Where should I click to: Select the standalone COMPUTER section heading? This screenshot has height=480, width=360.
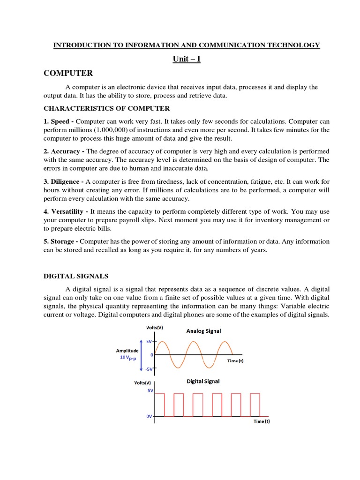point(68,73)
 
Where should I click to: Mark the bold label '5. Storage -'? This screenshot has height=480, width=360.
point(61,241)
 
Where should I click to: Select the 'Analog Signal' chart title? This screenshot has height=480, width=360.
point(203,331)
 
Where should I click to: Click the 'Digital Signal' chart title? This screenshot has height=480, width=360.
point(203,381)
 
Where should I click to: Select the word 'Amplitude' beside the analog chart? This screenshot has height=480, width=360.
point(127,350)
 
